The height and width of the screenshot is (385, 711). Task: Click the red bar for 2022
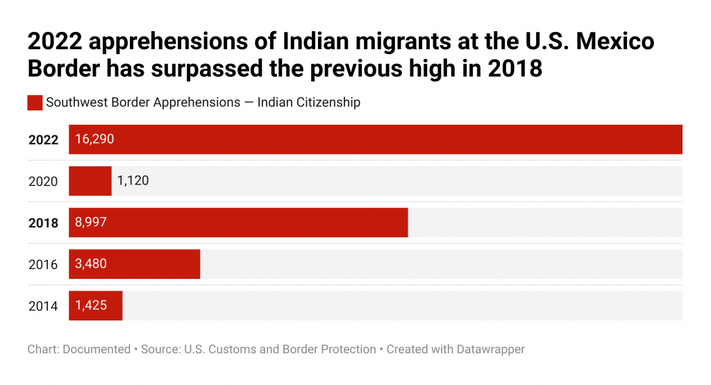(375, 139)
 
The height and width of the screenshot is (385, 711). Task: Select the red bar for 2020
(90, 181)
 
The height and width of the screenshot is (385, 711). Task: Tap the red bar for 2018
(238, 223)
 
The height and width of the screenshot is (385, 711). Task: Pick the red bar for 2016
(134, 264)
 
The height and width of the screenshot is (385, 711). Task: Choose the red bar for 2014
(96, 306)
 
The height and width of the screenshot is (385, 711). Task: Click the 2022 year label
(44, 139)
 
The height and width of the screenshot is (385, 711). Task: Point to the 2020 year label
(44, 181)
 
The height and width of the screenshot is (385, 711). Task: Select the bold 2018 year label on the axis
(44, 223)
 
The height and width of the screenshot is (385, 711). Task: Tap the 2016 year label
(44, 264)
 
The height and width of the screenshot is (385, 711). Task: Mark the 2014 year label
(44, 306)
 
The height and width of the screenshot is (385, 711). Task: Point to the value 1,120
(133, 181)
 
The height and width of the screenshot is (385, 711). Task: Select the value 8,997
(91, 223)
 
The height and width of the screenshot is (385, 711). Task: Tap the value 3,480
(91, 264)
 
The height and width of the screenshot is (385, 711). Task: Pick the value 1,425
(91, 306)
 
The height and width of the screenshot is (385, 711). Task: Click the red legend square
(35, 103)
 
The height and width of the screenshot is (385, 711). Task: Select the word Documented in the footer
(97, 350)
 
